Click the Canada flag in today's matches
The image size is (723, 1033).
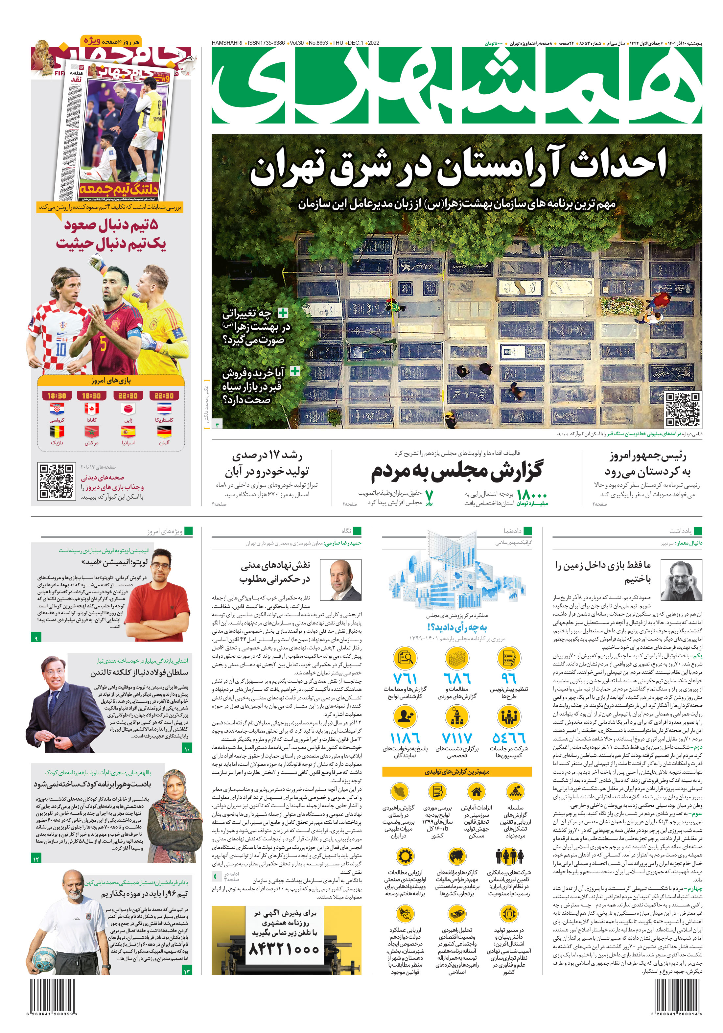coord(91,409)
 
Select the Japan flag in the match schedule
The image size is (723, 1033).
coord(128,409)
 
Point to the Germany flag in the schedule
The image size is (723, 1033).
coord(164,432)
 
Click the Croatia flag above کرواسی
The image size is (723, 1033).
coord(57,409)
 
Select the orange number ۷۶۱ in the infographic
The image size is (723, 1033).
coord(405,678)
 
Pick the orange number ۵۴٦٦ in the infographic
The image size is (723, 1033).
coord(508,738)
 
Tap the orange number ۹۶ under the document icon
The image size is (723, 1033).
coord(508,678)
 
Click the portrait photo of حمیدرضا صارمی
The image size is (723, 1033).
coord(345,580)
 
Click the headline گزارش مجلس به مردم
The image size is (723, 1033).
coord(457,470)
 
